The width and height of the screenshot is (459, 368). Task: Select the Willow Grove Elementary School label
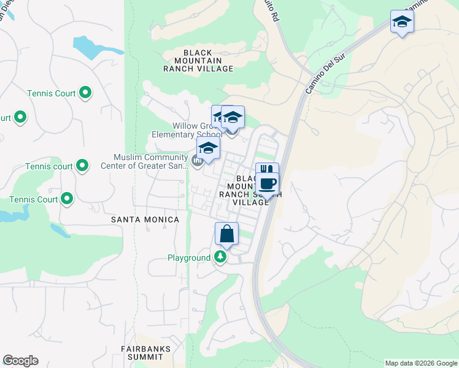click(x=187, y=130)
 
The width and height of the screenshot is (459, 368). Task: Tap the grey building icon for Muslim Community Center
click(x=197, y=161)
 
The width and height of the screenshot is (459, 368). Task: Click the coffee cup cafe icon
click(x=268, y=183)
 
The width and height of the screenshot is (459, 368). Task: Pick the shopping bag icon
click(x=226, y=234)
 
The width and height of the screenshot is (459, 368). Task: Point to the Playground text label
click(x=189, y=258)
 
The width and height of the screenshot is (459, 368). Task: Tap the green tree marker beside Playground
click(x=220, y=258)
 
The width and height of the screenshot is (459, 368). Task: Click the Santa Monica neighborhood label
click(x=145, y=220)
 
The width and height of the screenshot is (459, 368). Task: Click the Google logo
click(x=20, y=361)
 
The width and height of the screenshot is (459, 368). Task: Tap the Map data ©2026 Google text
click(x=420, y=363)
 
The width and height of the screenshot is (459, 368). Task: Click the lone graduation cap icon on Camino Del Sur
click(x=402, y=21)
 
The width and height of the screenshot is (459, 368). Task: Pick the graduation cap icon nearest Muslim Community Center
click(x=208, y=148)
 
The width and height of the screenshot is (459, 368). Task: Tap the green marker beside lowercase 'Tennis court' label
click(x=82, y=166)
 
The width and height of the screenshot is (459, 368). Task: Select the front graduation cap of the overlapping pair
click(x=233, y=117)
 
